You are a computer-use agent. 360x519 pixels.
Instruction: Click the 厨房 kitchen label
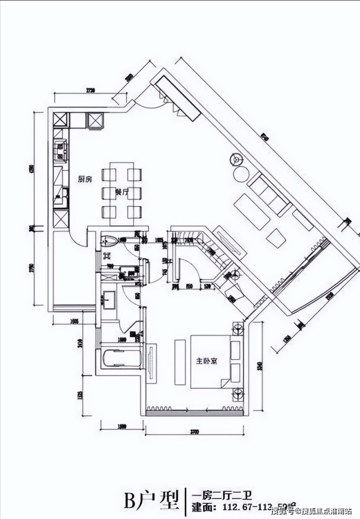(x=85, y=179)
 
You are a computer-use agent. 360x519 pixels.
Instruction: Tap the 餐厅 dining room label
(x=122, y=192)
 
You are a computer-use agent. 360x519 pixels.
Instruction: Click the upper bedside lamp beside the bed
(x=238, y=329)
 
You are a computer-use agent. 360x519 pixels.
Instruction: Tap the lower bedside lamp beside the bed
(x=238, y=393)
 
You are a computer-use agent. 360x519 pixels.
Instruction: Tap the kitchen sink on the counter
(x=61, y=149)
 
